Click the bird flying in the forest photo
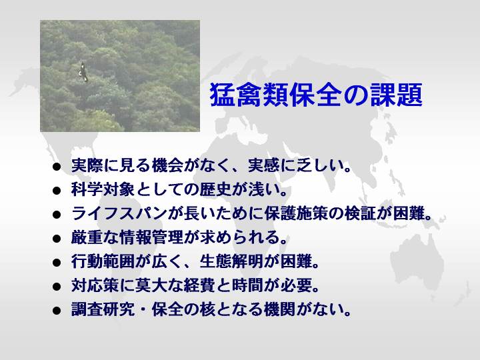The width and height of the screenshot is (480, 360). point(83,72)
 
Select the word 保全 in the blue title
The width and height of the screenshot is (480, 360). point(316,95)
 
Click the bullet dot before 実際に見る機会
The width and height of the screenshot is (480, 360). point(57,167)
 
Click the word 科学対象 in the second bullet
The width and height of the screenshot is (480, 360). point(103,189)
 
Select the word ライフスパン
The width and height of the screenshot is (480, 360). point(119,213)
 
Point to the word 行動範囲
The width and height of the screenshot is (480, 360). point(103,261)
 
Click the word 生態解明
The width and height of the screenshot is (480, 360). point(231,261)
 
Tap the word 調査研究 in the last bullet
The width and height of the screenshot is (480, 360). point(103,309)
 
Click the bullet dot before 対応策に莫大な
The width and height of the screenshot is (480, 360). point(57,287)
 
